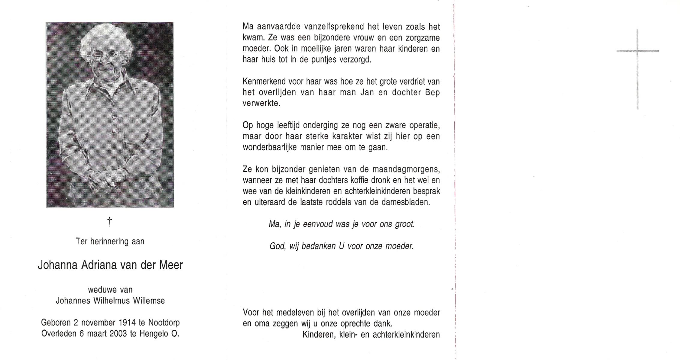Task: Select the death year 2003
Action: click(x=118, y=334)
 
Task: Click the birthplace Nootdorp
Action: click(x=164, y=322)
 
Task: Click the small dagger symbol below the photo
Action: click(x=110, y=221)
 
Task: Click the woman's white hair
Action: click(x=105, y=36)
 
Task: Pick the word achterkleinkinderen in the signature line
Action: click(x=406, y=335)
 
